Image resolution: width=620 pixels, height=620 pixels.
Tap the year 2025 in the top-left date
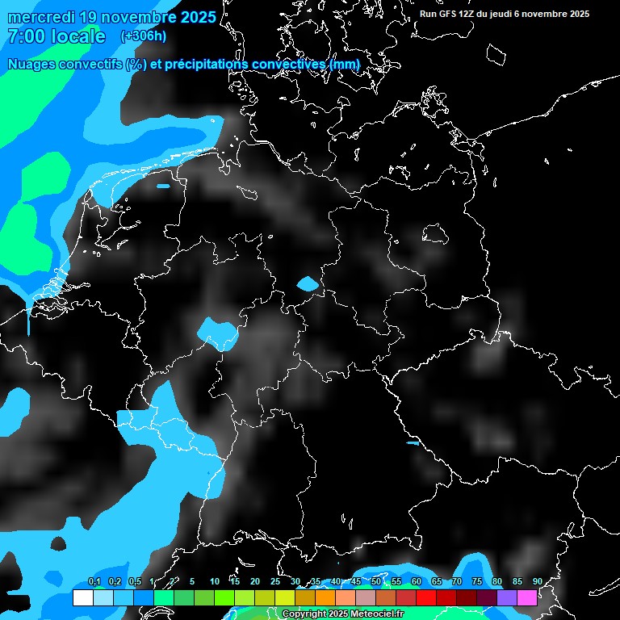(193, 17)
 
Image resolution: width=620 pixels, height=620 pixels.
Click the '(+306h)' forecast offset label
(143, 36)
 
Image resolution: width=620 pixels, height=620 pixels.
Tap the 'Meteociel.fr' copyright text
(377, 614)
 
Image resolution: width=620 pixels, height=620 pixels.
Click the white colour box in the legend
(82, 598)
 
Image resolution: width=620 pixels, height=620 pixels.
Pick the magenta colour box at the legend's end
(527, 598)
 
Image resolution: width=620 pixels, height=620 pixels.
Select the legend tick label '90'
(538, 581)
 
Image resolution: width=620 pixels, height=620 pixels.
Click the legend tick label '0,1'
(94, 581)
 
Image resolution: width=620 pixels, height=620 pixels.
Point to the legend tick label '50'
(376, 581)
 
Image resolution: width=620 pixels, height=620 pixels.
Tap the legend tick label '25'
(275, 581)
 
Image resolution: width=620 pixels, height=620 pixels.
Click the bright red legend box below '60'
(426, 598)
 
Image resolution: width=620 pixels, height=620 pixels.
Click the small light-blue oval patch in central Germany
(308, 283)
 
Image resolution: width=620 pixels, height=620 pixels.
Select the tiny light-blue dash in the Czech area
(413, 442)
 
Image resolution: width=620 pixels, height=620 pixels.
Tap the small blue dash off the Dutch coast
(163, 186)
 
